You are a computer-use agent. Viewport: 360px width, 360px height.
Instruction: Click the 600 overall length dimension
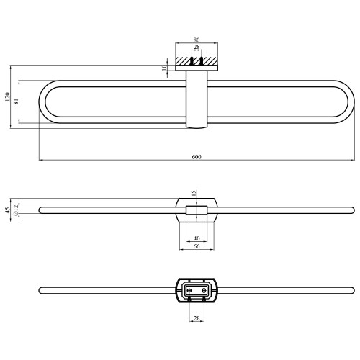pyautogui.click(x=197, y=157)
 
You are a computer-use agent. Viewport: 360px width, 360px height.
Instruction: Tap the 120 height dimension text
pyautogui.click(x=7, y=96)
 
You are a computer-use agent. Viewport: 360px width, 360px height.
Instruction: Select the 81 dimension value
pyautogui.click(x=16, y=102)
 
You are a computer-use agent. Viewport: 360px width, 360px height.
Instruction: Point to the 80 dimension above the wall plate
pyautogui.click(x=197, y=40)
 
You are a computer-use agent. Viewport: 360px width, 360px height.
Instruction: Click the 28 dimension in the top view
pyautogui.click(x=197, y=47)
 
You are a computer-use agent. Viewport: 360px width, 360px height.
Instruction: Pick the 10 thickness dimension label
pyautogui.click(x=164, y=68)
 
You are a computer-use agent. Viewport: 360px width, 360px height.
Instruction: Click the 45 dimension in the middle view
pyautogui.click(x=8, y=210)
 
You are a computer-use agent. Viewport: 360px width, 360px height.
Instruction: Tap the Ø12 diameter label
pyautogui.click(x=16, y=210)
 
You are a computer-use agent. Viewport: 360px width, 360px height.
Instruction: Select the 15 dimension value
pyautogui.click(x=194, y=193)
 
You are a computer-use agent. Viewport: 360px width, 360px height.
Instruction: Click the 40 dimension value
pyautogui.click(x=197, y=238)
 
